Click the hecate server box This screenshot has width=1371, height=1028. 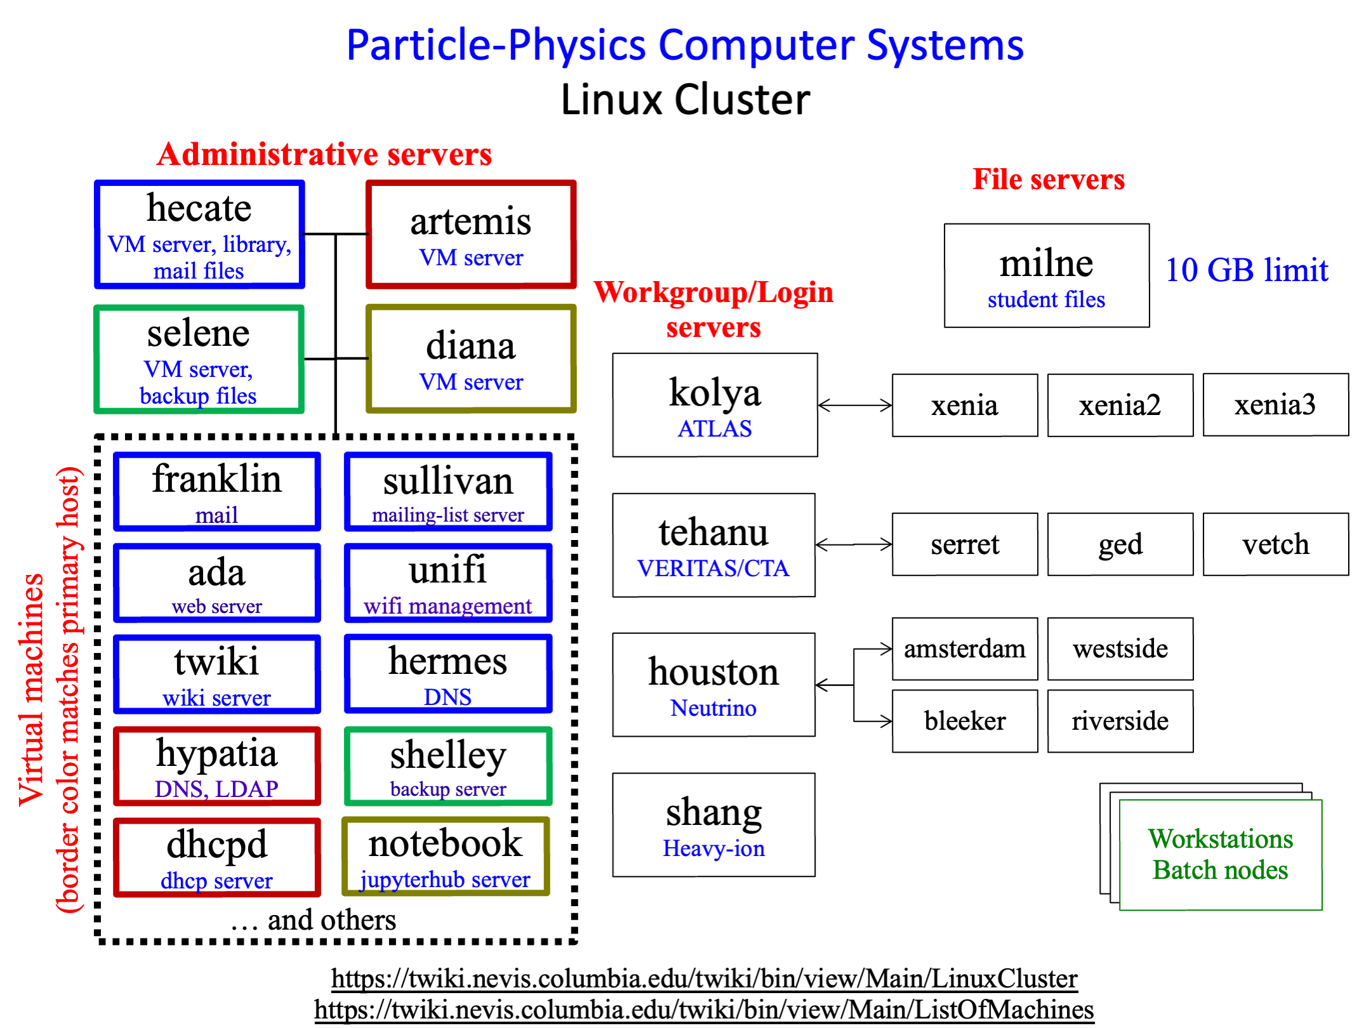pyautogui.click(x=199, y=234)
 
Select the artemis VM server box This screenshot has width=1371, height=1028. pyautogui.click(x=471, y=234)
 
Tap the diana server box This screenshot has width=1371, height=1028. pyautogui.click(x=471, y=359)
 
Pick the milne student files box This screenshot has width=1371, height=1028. pyautogui.click(x=1047, y=275)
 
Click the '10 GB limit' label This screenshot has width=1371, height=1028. pyautogui.click(x=1247, y=270)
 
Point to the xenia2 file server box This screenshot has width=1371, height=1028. pyautogui.click(x=1120, y=405)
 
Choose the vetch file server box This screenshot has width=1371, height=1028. pyautogui.click(x=1276, y=544)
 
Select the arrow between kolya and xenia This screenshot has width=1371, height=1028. pyautogui.click(x=855, y=405)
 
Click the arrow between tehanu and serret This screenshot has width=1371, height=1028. pyautogui.click(x=854, y=544)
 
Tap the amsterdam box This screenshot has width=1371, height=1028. pyautogui.click(x=965, y=649)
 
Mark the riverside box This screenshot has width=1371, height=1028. pyautogui.click(x=1120, y=721)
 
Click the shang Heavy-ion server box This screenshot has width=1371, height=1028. pyautogui.click(x=714, y=825)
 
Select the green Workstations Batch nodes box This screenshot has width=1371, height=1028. pyautogui.click(x=1221, y=855)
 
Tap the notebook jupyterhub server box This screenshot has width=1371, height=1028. pyautogui.click(x=446, y=857)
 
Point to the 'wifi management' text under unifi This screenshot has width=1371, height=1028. pyautogui.click(x=447, y=606)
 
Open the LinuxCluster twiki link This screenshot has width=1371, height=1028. pyautogui.click(x=705, y=979)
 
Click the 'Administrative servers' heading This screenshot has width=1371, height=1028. pyautogui.click(x=324, y=154)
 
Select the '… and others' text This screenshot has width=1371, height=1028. pyautogui.click(x=314, y=920)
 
